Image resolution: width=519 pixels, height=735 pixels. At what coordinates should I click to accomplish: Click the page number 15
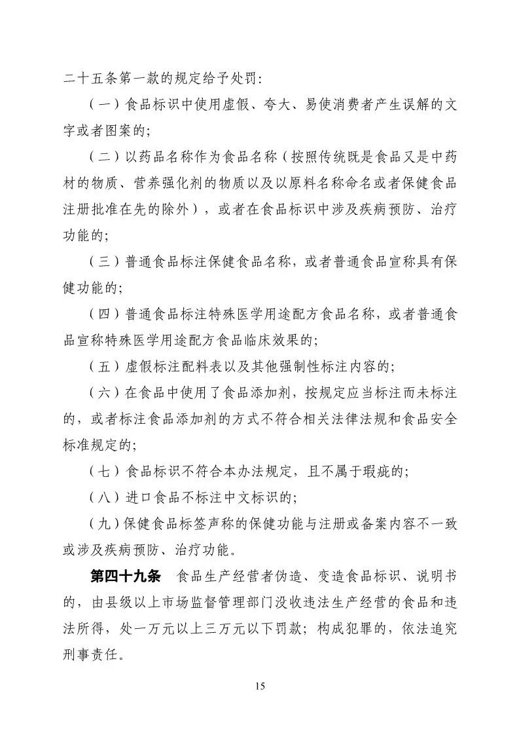tap(259, 687)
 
